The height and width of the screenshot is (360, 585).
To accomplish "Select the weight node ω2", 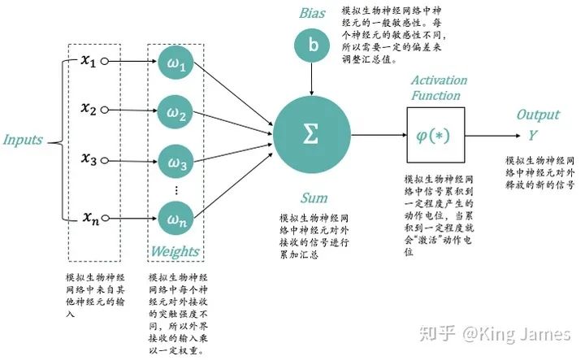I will pyautogui.click(x=177, y=113).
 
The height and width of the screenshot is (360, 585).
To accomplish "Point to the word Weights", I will pyautogui.click(x=175, y=251).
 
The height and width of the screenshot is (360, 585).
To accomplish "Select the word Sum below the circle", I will pyautogui.click(x=314, y=197).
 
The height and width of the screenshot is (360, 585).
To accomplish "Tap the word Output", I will pyautogui.click(x=538, y=115).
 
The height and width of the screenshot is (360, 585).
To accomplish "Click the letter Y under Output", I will pyautogui.click(x=536, y=133).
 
